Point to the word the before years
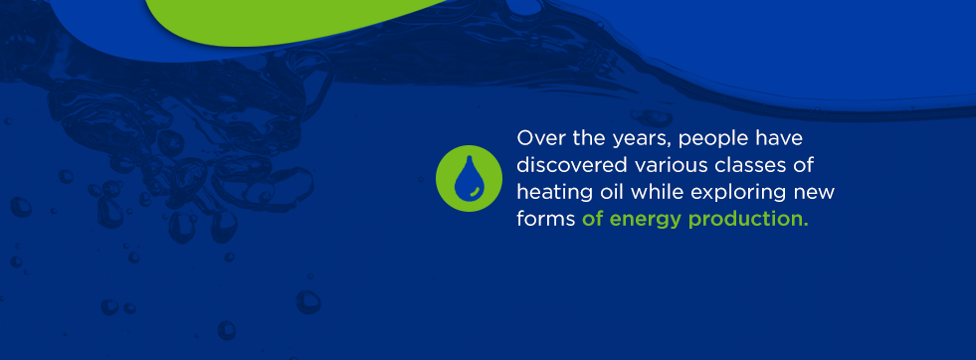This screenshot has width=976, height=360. coord(582,136)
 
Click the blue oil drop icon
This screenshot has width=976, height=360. coord(467,178)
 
